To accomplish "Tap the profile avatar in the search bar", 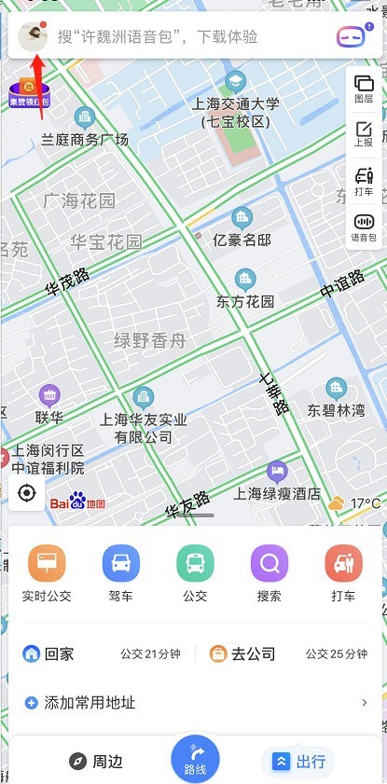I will (x=34, y=36).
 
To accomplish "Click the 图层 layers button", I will (x=363, y=89).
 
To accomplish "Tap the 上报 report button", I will (x=363, y=135).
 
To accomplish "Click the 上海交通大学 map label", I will (x=234, y=113).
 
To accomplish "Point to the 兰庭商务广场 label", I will (x=85, y=140).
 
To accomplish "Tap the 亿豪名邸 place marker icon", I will (x=242, y=218).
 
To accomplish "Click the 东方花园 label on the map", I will (x=245, y=301).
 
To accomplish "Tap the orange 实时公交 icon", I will (x=47, y=563).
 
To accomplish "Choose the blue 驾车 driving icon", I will (x=121, y=563).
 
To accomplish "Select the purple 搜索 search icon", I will (x=270, y=563).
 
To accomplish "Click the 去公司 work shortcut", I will (x=242, y=653).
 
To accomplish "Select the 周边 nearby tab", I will (x=96, y=762).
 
